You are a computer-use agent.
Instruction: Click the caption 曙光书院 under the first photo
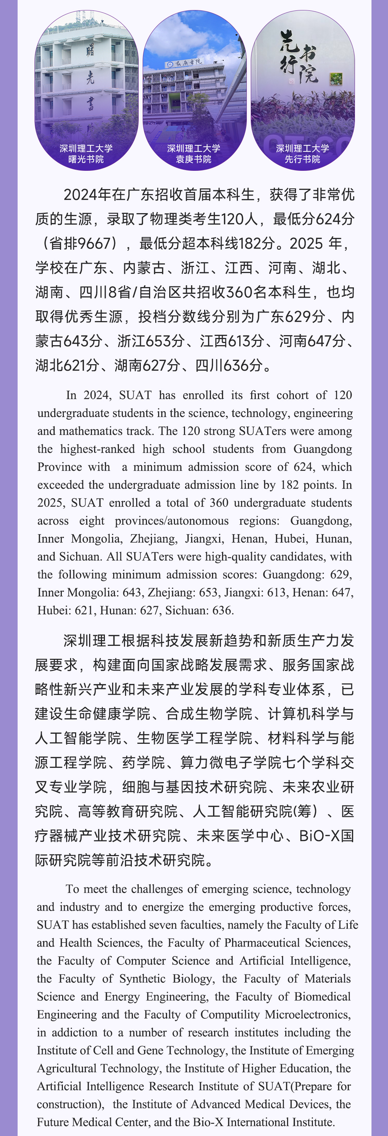[x=86, y=159]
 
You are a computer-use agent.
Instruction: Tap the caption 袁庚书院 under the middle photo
[x=193, y=159]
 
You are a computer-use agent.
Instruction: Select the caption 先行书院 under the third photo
[x=302, y=159]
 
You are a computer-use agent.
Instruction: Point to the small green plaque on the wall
[x=336, y=79]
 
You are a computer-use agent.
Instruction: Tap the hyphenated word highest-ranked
[x=98, y=449]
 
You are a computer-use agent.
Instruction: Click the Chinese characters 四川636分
[x=228, y=366]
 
